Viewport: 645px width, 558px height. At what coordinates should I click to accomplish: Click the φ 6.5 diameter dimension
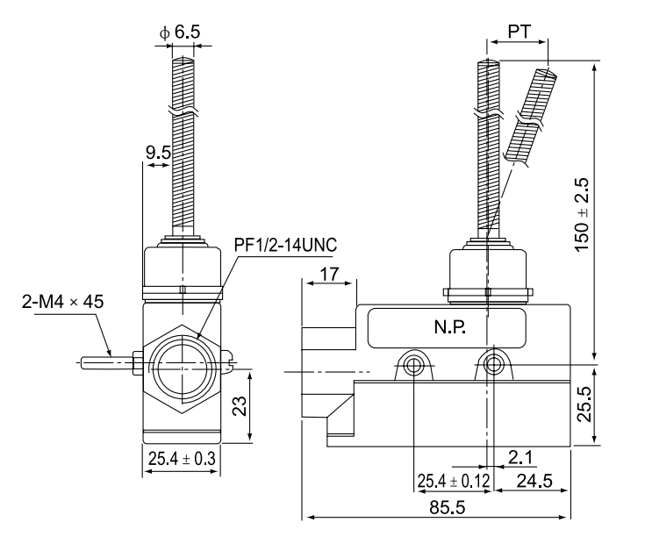click(181, 32)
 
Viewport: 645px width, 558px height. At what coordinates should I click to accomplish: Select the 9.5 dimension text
click(159, 154)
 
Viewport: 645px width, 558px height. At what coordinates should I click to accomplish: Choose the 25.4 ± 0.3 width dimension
click(181, 457)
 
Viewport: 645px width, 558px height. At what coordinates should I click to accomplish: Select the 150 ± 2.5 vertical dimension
click(581, 216)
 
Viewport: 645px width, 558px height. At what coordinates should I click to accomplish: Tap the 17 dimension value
click(330, 274)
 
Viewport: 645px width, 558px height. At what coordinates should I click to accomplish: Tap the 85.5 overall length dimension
click(436, 508)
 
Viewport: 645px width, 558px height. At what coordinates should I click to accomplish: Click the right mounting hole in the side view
click(494, 363)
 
